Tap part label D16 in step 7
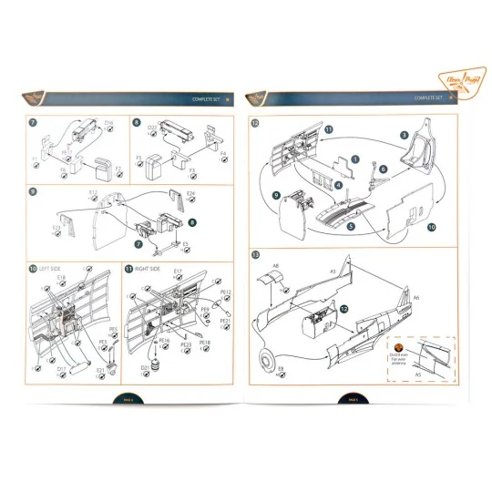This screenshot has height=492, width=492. [108, 123]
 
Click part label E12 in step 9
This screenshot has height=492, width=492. [93, 192]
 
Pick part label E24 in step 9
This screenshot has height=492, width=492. [191, 194]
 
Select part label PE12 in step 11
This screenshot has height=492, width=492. [226, 292]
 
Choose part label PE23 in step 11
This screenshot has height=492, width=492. [185, 344]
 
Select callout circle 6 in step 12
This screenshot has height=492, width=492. [384, 169]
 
